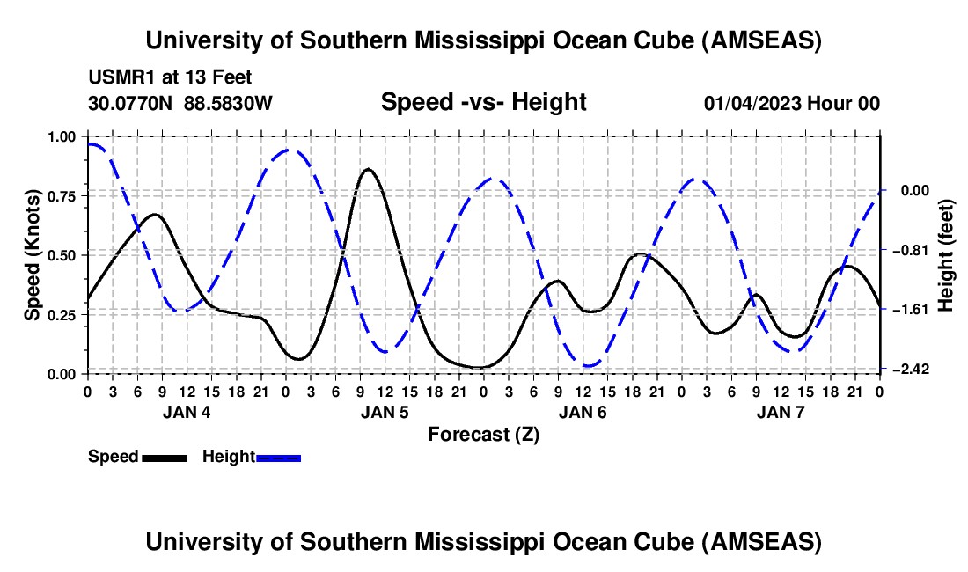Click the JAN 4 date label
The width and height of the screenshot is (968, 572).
coord(186,412)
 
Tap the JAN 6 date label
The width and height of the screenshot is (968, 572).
coord(582,412)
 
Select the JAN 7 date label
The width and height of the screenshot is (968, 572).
coord(781,412)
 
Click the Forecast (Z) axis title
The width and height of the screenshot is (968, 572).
coord(483,434)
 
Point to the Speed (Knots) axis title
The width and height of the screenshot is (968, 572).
coord(33,255)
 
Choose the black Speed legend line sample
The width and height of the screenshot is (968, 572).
coord(164,457)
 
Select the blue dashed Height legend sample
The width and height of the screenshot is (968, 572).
coord(278,457)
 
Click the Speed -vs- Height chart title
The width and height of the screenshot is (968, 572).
coord(483,102)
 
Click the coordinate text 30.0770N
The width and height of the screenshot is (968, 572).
coord(132,103)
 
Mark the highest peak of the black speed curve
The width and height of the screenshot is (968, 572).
coord(367,169)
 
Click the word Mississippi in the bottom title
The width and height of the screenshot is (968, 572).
coord(480,542)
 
